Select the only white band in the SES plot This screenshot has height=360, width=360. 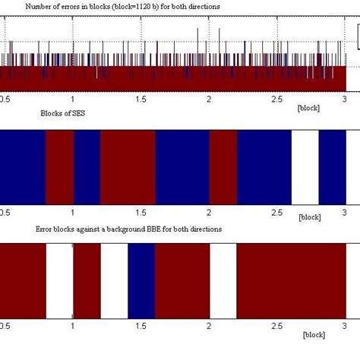pos(305,167)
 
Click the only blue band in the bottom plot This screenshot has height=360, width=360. pos(142,280)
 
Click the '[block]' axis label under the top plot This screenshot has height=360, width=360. pos(308,107)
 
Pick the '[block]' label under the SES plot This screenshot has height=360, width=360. pos(310,217)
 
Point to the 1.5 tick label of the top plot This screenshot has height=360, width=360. pos(141,99)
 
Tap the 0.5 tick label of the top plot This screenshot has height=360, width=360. pos(5,99)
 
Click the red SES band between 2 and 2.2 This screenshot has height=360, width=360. pos(223,167)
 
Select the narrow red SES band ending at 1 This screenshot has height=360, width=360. pos(60,167)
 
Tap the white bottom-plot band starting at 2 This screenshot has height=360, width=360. pos(223,280)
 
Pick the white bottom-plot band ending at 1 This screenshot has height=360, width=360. pos(59,280)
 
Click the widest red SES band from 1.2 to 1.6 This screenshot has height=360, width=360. pos(128,167)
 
